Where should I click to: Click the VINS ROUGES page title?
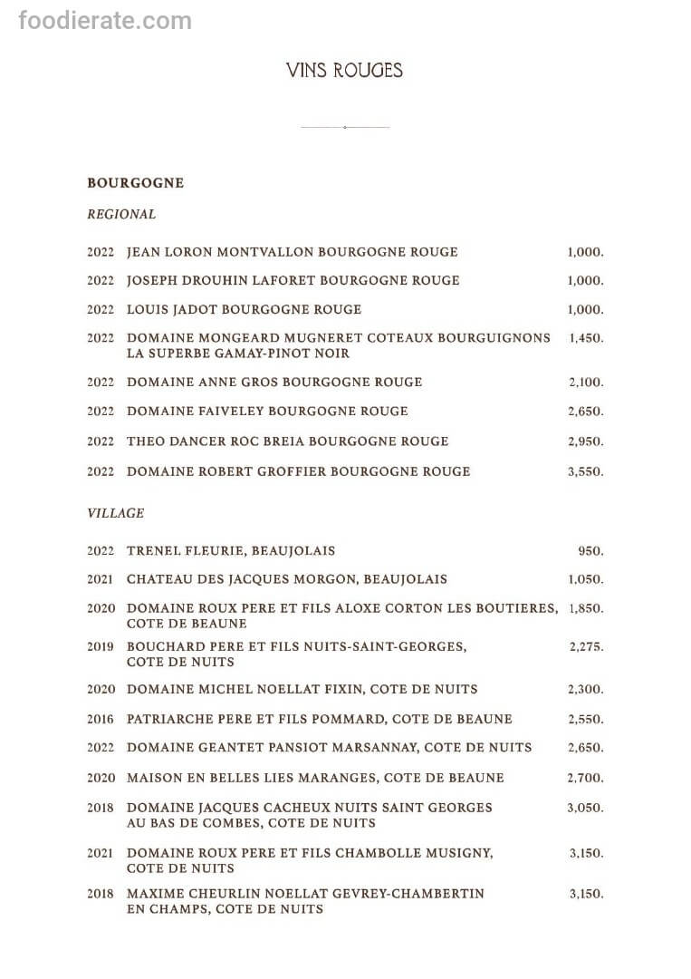pyautogui.click(x=344, y=71)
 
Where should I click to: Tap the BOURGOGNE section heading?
pyautogui.click(x=135, y=183)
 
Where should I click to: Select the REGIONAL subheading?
pyautogui.click(x=121, y=215)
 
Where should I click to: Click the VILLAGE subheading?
pyautogui.click(x=115, y=513)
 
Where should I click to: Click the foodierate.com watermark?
pyautogui.click(x=105, y=20)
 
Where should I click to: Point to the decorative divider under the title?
pyautogui.click(x=344, y=127)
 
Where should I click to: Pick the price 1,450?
pyautogui.click(x=586, y=338)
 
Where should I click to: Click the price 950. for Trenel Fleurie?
pyautogui.click(x=590, y=551)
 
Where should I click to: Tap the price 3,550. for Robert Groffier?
pyautogui.click(x=585, y=471)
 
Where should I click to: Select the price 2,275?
pyautogui.click(x=586, y=647)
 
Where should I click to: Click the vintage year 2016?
pyautogui.click(x=101, y=719)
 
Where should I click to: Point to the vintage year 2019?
pyautogui.click(x=101, y=646)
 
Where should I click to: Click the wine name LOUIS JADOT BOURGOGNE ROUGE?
pyautogui.click(x=244, y=309)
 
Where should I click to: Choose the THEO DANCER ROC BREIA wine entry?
pyautogui.click(x=287, y=441)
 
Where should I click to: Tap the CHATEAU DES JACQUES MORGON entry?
pyautogui.click(x=287, y=579)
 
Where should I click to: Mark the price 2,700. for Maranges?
pyautogui.click(x=585, y=778)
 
